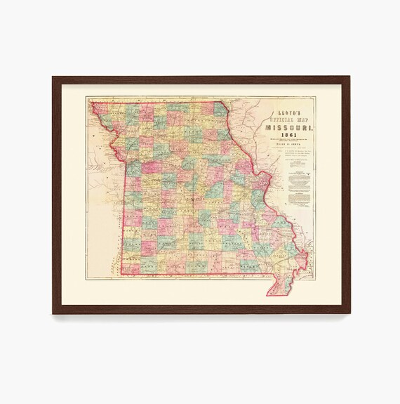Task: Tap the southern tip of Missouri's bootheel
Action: point(270,293)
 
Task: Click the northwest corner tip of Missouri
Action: point(91,103)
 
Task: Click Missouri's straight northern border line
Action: point(161,103)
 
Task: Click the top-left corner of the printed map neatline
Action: point(86,97)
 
